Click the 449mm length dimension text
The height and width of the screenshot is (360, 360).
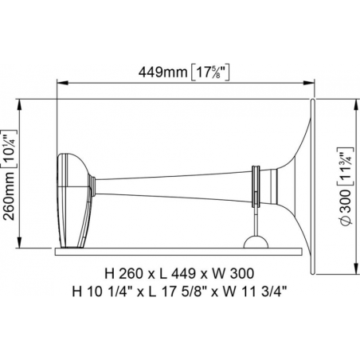pyautogui.click(x=162, y=72)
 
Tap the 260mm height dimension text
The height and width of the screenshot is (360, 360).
pyautogui.click(x=10, y=196)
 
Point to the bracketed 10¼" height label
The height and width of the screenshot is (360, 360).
pyautogui.click(x=9, y=149)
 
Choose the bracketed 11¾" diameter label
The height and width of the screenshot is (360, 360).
pyautogui.click(x=346, y=166)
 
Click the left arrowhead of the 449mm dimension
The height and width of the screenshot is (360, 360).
pyautogui.click(x=63, y=83)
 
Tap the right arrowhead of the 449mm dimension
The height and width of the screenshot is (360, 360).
pyautogui.click(x=309, y=83)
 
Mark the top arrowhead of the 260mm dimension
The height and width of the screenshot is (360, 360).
pyautogui.click(x=19, y=105)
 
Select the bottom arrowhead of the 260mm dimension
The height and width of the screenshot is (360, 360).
pyautogui.click(x=19, y=242)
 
